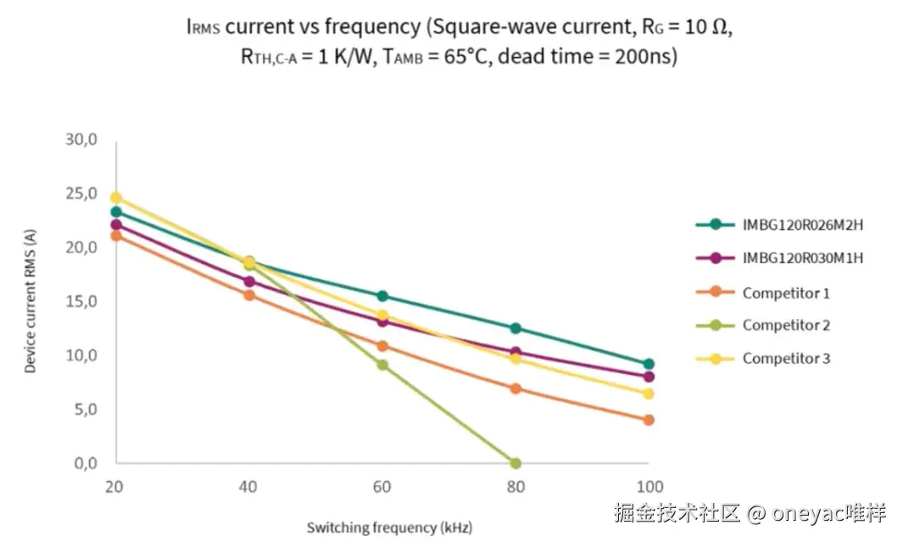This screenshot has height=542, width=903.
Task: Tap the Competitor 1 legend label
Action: pyautogui.click(x=785, y=293)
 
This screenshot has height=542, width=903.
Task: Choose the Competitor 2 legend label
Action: pyautogui.click(x=786, y=325)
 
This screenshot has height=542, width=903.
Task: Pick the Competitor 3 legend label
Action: pyautogui.click(x=786, y=358)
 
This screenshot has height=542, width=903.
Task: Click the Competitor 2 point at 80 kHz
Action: pyautogui.click(x=516, y=463)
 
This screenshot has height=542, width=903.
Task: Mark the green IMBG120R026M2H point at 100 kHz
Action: pyautogui.click(x=649, y=364)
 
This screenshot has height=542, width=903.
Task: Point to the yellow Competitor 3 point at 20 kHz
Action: pyautogui.click(x=116, y=198)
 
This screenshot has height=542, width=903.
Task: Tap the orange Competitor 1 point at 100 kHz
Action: pyautogui.click(x=649, y=420)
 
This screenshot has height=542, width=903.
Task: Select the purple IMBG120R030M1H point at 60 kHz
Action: pyautogui.click(x=382, y=321)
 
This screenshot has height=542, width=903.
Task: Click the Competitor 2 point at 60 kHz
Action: pyautogui.click(x=382, y=365)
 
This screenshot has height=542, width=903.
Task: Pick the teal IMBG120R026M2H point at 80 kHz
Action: pyautogui.click(x=516, y=328)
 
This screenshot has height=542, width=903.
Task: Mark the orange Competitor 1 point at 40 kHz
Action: pyautogui.click(x=249, y=295)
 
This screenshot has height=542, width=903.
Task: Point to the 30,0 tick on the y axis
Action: pyautogui.click(x=81, y=140)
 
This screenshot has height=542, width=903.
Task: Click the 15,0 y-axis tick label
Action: pyautogui.click(x=81, y=302)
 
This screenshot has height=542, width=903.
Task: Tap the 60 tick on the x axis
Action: pyautogui.click(x=382, y=487)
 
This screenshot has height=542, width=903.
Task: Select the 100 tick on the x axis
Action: pyautogui.click(x=649, y=487)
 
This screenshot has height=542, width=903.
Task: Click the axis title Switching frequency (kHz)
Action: pyautogui.click(x=383, y=528)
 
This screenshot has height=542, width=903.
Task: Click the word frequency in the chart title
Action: pyautogui.click(x=372, y=26)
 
